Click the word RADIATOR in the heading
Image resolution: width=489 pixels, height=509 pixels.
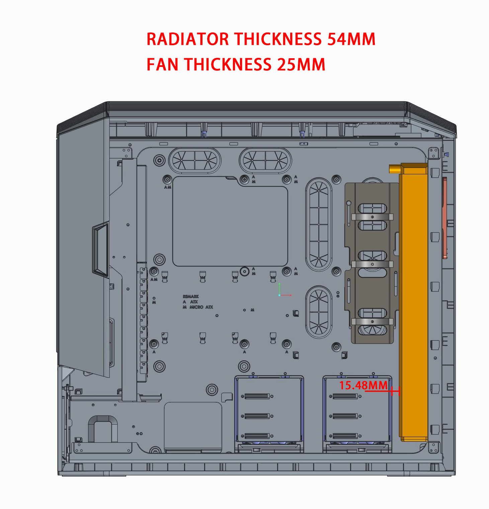187,39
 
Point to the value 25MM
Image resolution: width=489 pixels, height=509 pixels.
301,64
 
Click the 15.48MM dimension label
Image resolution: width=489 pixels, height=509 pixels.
363,386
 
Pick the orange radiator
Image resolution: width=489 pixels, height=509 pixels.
413,301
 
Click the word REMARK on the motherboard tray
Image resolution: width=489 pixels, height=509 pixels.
190,296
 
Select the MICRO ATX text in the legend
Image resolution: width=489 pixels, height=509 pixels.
201,307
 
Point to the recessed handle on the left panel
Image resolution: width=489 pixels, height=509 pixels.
100,249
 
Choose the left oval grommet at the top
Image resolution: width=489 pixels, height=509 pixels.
195,160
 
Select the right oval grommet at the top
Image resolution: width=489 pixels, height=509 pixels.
265,160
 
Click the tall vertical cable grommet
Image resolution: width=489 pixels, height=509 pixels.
319,224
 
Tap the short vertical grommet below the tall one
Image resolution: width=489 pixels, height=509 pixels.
319,312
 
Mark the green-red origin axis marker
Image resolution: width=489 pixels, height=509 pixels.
280,294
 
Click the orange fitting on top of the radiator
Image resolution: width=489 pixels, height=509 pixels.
395,168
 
